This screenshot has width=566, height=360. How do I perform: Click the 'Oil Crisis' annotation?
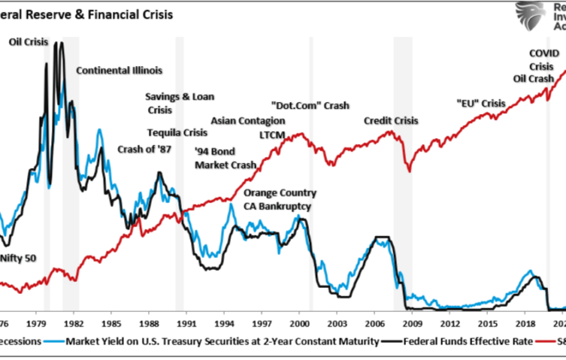tap(28, 41)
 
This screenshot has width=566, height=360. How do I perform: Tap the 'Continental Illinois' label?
tap(119, 70)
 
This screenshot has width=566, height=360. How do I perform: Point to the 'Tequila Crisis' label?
tap(177, 133)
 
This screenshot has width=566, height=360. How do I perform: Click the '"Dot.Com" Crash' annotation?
tap(310, 105)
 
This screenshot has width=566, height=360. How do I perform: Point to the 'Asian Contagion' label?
tap(248, 121)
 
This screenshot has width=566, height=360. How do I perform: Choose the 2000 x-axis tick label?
tap(298, 326)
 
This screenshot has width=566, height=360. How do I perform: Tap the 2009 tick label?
tap(412, 326)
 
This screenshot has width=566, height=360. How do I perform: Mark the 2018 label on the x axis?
tap(526, 326)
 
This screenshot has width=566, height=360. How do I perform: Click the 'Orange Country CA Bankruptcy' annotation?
tap(280, 200)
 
